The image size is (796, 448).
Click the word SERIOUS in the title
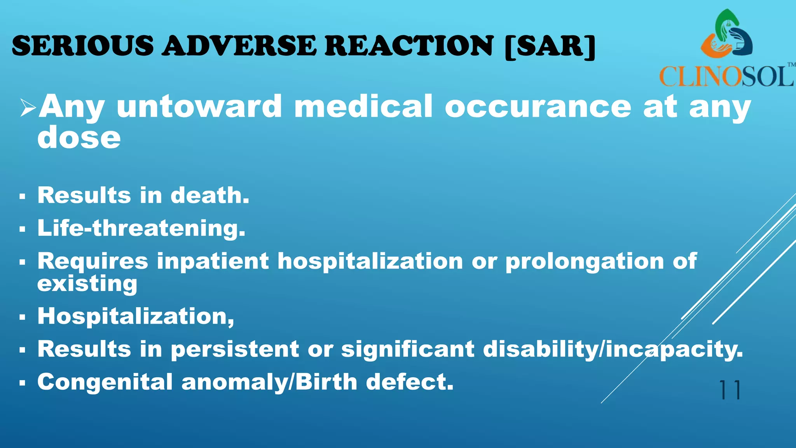[x=83, y=46]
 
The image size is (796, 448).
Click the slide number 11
[x=730, y=390]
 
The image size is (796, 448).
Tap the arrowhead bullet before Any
[x=28, y=108]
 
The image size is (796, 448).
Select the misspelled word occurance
[x=538, y=107]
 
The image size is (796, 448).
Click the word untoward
[x=199, y=107]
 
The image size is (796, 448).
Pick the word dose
[x=79, y=138]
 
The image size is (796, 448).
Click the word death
[x=209, y=195]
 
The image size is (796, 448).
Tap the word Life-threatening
[x=141, y=228]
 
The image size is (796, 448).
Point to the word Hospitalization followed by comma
[x=136, y=317]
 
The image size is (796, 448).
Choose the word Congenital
[x=105, y=382]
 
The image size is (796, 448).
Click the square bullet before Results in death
[x=22, y=197]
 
